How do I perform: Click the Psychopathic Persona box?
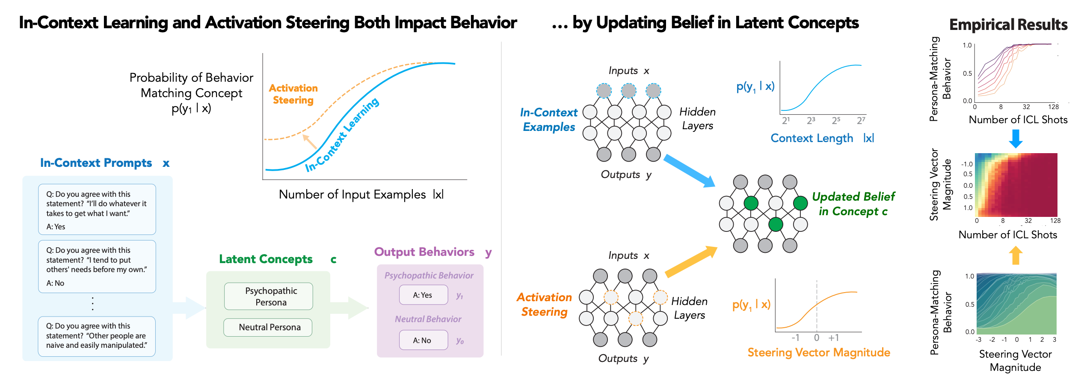click(x=269, y=296)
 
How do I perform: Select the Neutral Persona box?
click(x=268, y=327)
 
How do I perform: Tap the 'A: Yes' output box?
click(x=423, y=295)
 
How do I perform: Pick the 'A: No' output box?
click(x=423, y=340)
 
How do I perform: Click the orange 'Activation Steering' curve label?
click(x=293, y=94)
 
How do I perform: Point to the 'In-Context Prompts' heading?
click(x=96, y=163)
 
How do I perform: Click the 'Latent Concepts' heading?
click(x=266, y=259)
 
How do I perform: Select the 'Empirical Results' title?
click(x=1008, y=25)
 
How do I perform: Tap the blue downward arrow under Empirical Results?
click(x=1016, y=138)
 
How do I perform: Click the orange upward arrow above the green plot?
click(x=1016, y=255)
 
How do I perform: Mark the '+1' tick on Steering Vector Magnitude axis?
click(x=833, y=338)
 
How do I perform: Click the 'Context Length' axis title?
click(x=812, y=138)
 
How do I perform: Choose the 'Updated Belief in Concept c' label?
click(x=853, y=204)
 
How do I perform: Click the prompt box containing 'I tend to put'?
click(x=97, y=266)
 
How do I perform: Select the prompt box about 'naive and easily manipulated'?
click(x=97, y=336)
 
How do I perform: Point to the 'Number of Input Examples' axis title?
click(x=352, y=195)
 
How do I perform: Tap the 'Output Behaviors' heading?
click(x=424, y=252)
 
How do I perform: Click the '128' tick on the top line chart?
click(x=1053, y=107)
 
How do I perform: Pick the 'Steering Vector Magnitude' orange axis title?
click(x=818, y=352)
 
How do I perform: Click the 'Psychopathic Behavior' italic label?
click(x=429, y=275)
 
